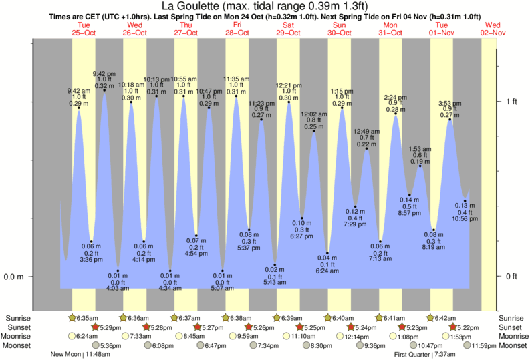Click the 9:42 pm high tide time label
[104, 73]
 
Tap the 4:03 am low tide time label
[117, 289]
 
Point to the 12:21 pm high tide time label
[289, 85]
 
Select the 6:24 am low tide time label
[327, 271]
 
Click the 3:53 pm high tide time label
[449, 103]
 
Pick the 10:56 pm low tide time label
[465, 218]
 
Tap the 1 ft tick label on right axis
[511, 102]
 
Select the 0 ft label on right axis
[511, 277]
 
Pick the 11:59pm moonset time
[484, 345]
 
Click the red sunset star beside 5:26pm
[249, 327]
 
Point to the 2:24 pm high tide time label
[395, 97]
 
